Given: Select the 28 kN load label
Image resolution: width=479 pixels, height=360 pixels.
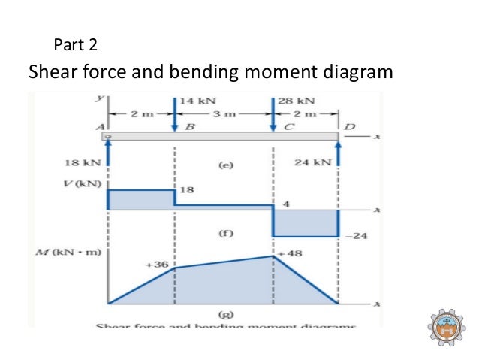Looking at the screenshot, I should tap(296, 100).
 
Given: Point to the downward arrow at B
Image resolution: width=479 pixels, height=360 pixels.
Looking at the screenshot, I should tap(175, 113).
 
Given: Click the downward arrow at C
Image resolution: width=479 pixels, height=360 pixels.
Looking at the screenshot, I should tap(273, 113).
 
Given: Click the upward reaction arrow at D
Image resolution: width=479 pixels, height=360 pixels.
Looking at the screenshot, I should tap(339, 154).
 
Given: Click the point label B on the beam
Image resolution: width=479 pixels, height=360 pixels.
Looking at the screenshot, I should tap(190, 126).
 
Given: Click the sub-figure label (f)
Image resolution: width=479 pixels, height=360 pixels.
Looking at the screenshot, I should tap(225, 234).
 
